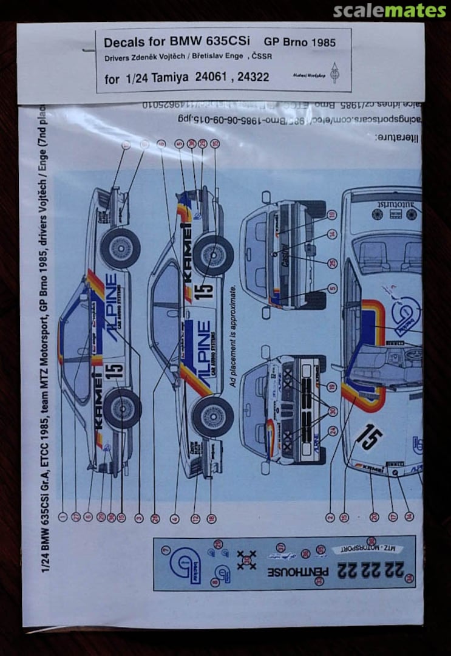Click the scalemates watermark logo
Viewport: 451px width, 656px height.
coord(389,10)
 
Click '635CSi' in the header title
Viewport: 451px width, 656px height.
coord(219,43)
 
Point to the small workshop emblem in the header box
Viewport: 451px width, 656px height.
coord(334,73)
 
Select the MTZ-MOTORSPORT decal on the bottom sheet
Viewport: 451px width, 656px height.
coord(367,548)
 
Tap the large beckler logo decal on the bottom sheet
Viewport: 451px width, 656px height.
coord(186,564)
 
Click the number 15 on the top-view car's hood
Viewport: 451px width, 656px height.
coord(370,437)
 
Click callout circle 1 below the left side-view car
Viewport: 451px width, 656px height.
coord(62,517)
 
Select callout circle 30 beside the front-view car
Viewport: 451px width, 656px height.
coord(332,411)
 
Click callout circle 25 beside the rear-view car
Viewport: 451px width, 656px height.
coord(332,262)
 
